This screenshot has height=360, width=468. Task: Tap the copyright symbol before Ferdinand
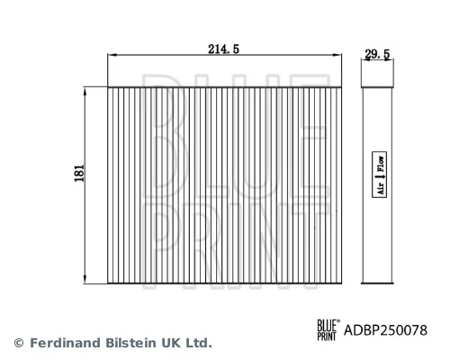pos(18,343)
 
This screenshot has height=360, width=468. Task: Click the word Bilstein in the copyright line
pos(130,343)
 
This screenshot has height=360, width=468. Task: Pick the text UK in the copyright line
pos(173,343)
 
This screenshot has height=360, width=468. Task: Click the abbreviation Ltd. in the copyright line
pos(200,343)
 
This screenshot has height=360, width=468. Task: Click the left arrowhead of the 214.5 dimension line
pos(111,56)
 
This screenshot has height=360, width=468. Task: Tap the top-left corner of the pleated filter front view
pos(108,87)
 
